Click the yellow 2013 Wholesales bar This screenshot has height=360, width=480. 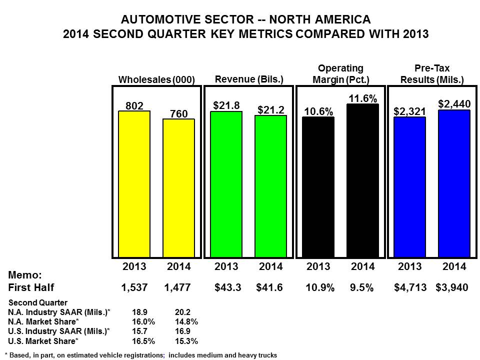(134, 184)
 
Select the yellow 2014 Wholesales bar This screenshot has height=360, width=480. (179, 188)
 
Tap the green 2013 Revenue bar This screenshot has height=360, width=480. (226, 184)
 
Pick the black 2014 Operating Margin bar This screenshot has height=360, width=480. (363, 180)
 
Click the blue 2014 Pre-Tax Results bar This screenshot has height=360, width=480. (454, 183)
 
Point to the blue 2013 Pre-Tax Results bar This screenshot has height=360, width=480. (409, 187)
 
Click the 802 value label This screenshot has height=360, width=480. (134, 106)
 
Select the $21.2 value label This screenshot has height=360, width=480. (271, 110)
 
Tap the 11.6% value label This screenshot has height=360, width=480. (363, 98)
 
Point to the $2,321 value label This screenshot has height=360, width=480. (409, 111)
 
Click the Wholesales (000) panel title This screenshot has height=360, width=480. (156, 79)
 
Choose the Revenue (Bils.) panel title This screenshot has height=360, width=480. (249, 79)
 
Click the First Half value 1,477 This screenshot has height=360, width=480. (177, 287)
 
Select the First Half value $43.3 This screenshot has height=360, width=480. (228, 287)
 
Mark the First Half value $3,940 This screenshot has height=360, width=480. (452, 288)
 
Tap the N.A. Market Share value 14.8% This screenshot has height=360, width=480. (186, 321)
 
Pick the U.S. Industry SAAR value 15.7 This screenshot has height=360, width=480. (139, 331)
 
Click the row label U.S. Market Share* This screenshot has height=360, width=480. (43, 341)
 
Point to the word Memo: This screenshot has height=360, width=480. (25, 275)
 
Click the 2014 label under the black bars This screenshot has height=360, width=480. (363, 266)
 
